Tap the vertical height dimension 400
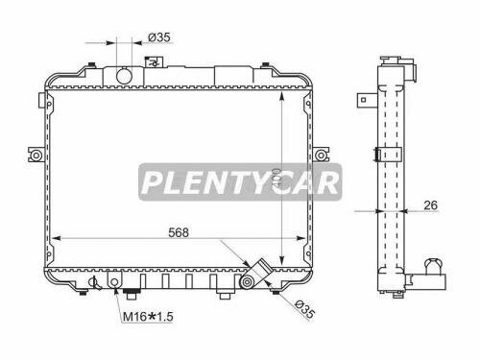275,179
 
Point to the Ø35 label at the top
158,38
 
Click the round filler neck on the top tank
123,74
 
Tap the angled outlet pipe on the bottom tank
253,275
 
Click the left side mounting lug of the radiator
36,155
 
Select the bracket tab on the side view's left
366,97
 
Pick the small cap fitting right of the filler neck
152,66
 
